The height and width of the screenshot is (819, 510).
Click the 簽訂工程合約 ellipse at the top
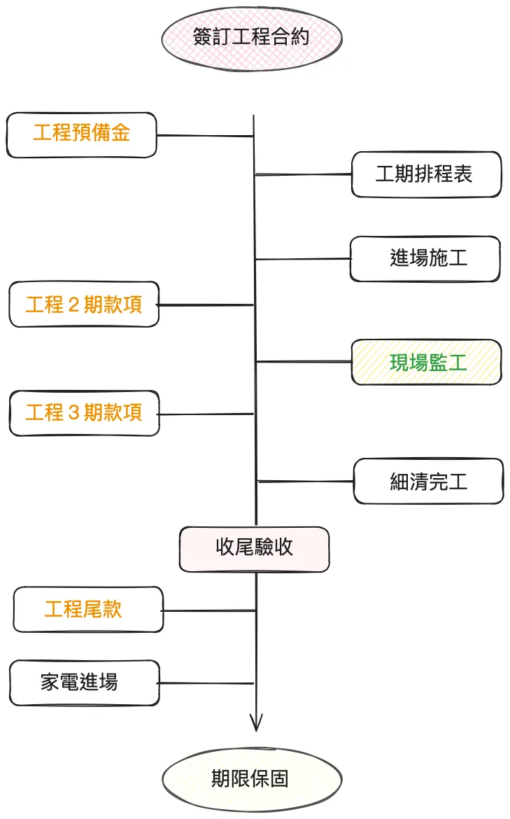(x=251, y=37)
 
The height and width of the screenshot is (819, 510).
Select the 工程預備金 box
(x=81, y=134)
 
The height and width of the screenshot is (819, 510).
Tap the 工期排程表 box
(x=426, y=174)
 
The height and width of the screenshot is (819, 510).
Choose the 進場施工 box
(x=425, y=259)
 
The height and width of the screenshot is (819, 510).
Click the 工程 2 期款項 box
(x=84, y=304)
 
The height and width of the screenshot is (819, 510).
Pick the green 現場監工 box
(x=426, y=362)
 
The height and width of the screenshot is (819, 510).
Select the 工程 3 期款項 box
(x=84, y=413)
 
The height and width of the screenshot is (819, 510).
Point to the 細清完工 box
(x=428, y=481)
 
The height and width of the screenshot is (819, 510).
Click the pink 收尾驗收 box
(x=254, y=549)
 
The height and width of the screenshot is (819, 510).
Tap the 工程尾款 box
(x=88, y=609)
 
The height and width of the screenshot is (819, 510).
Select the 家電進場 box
(x=85, y=682)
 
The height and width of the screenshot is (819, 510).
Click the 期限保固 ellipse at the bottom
(x=252, y=779)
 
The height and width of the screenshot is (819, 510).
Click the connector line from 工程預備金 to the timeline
(x=204, y=136)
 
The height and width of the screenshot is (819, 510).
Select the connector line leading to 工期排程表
(x=304, y=174)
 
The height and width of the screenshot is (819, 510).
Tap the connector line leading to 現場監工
(x=304, y=362)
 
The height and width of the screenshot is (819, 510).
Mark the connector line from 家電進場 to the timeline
(x=206, y=683)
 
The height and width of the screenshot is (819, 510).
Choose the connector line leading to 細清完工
(x=306, y=481)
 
